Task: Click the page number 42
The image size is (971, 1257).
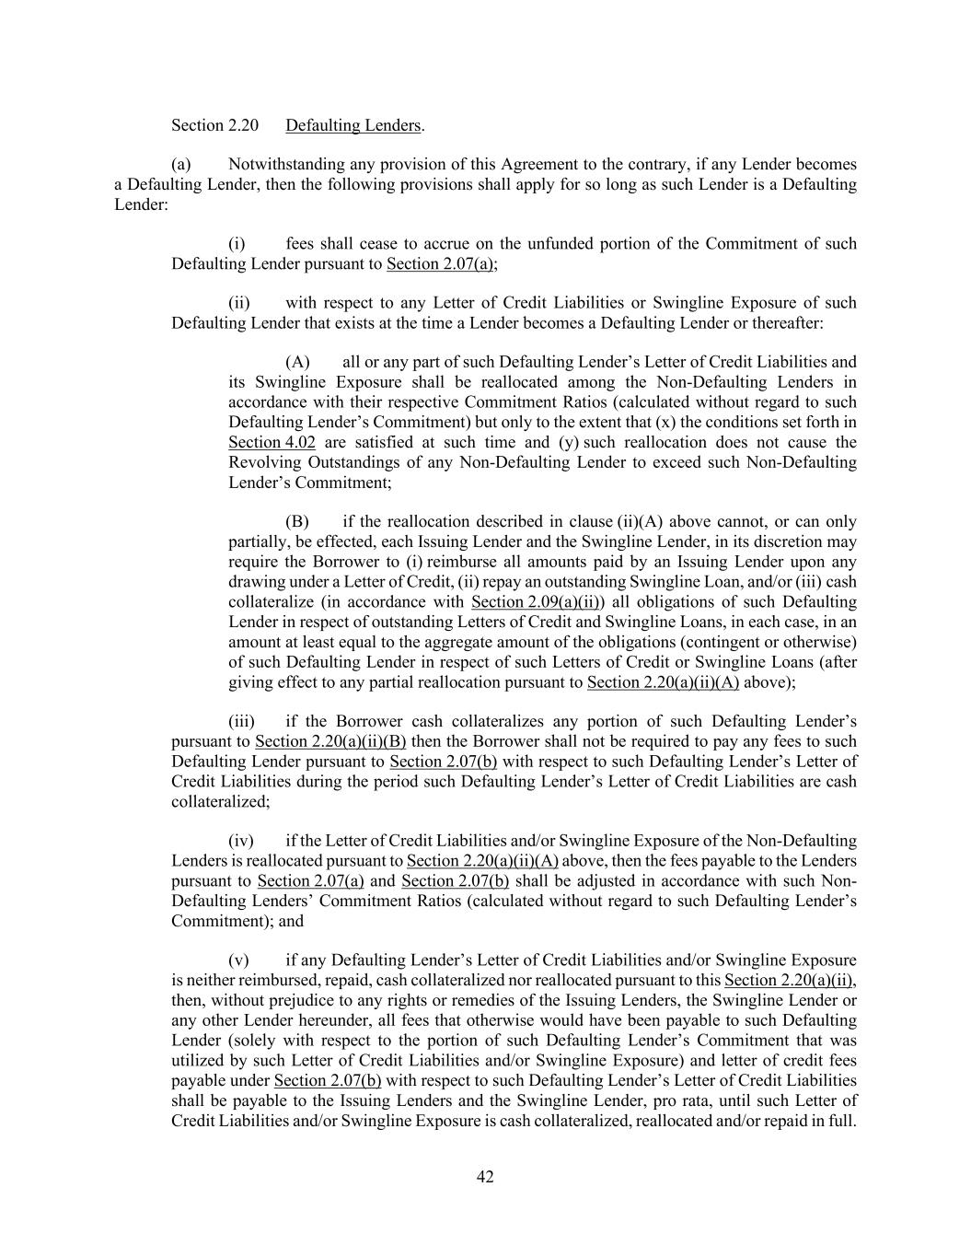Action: pyautogui.click(x=485, y=1176)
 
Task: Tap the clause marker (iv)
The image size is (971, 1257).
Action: pyautogui.click(x=241, y=841)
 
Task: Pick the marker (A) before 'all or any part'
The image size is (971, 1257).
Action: pyautogui.click(x=297, y=362)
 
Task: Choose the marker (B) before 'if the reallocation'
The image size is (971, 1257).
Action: pyautogui.click(x=297, y=522)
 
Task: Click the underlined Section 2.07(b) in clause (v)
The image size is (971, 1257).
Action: pyautogui.click(x=328, y=1080)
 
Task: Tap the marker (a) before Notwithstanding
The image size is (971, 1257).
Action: pyautogui.click(x=180, y=165)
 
